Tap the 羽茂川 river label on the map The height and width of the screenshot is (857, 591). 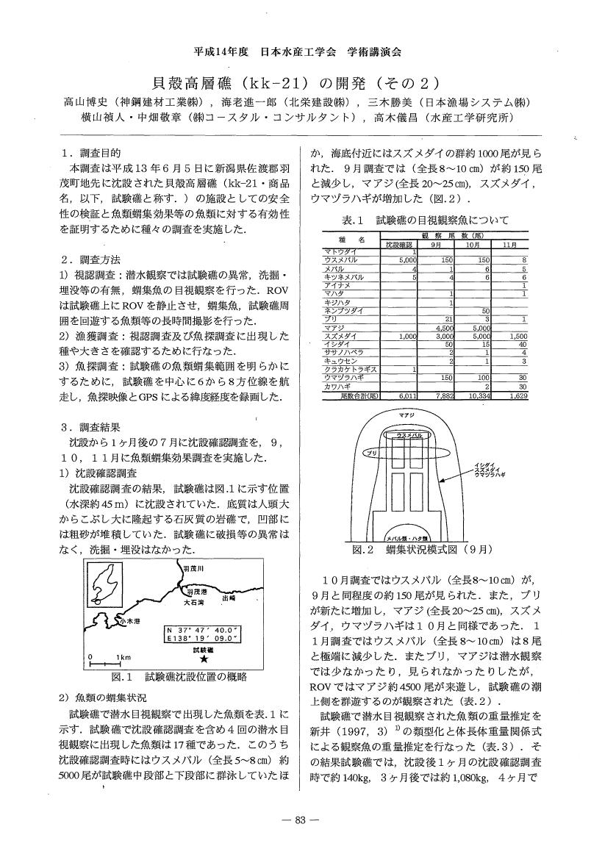tap(193, 568)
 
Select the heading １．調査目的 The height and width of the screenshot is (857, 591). tap(92, 153)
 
